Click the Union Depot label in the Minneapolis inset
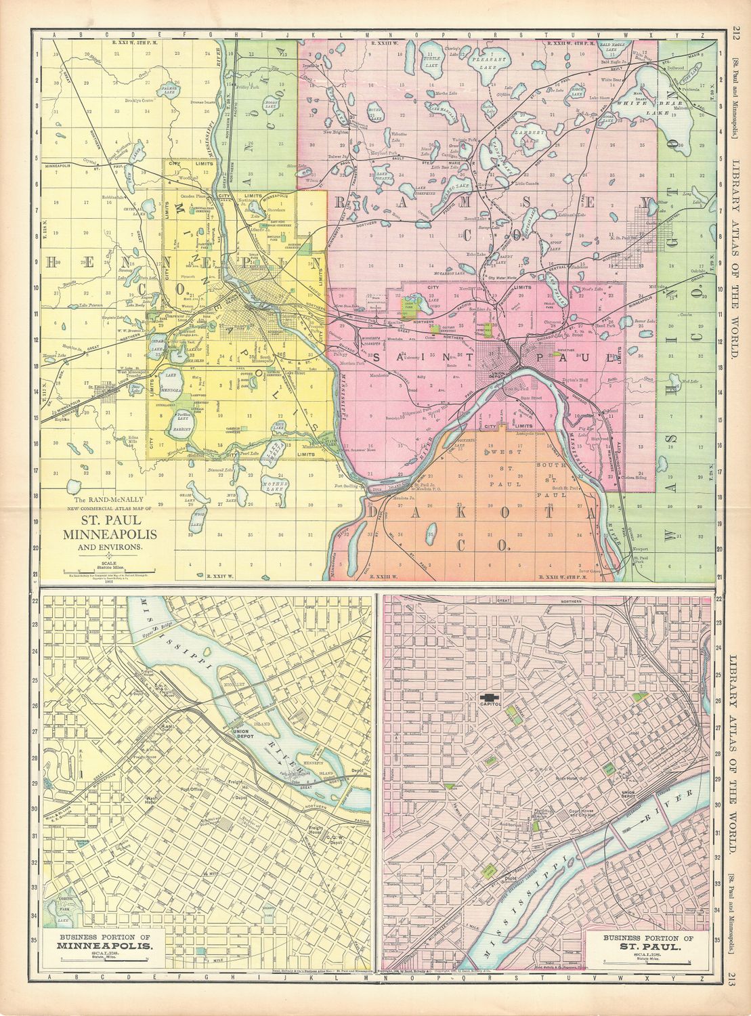pyautogui.click(x=242, y=732)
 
